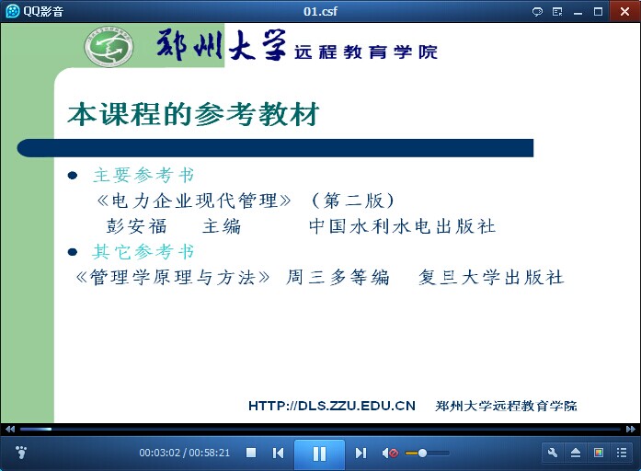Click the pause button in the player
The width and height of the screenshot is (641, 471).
click(319, 454)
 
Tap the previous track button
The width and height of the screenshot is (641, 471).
click(278, 453)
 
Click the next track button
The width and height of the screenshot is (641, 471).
click(361, 453)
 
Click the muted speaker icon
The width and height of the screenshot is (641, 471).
click(390, 453)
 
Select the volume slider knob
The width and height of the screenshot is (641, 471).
click(423, 453)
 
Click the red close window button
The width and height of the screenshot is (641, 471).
click(624, 11)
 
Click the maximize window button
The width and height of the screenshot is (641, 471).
click(598, 11)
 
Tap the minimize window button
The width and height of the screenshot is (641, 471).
click(578, 12)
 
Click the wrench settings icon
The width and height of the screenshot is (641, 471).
click(553, 453)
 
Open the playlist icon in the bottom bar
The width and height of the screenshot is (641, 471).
click(622, 453)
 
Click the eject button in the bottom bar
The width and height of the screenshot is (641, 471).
click(575, 453)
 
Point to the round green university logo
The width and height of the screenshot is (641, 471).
click(109, 47)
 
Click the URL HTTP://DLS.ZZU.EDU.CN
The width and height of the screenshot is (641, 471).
click(332, 406)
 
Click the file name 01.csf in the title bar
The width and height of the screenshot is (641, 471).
click(320, 11)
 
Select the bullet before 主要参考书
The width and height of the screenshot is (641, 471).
click(73, 176)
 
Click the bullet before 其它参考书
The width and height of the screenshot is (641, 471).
click(73, 252)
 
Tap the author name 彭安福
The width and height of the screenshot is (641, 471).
click(136, 226)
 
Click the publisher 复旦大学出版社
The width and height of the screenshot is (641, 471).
click(491, 277)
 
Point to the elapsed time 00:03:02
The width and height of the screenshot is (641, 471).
click(159, 453)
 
